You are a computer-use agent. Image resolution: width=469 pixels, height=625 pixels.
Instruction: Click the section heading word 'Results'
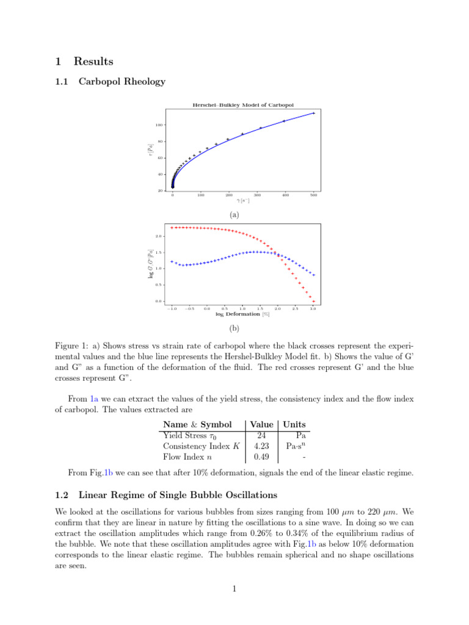tap(93, 61)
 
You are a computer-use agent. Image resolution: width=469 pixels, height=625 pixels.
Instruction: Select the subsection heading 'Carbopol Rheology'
tap(122, 82)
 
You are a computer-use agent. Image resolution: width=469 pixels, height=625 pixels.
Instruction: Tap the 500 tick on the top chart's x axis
tap(313, 195)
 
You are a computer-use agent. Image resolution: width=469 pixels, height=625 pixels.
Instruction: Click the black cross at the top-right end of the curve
tap(313, 113)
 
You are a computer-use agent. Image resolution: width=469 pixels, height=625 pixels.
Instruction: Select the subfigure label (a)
tap(234, 215)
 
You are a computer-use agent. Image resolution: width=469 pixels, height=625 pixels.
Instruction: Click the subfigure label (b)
tap(234, 334)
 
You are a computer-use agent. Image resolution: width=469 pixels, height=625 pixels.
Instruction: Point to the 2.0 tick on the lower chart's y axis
tap(159, 236)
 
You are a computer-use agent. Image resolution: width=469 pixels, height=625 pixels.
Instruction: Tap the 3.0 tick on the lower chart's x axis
tap(313, 309)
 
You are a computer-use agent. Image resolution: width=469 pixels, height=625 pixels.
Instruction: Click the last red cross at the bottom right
tap(313, 301)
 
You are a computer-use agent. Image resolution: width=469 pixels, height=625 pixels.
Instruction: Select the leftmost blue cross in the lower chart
tap(172, 261)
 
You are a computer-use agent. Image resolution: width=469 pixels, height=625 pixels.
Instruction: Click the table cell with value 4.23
tap(261, 446)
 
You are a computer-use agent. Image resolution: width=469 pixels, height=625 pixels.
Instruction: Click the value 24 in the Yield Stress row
tap(261, 435)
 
